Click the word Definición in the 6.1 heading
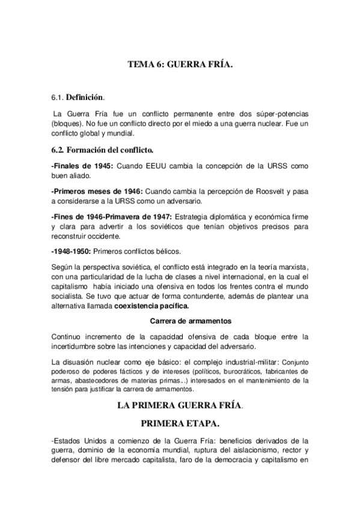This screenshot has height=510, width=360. pos(84,96)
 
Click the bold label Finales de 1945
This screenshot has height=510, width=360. pos(82,165)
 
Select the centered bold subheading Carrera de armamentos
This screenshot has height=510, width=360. pos(180,321)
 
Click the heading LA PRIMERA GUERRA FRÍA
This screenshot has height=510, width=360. pos(180,406)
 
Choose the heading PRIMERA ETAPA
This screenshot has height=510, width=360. pos(180,425)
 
